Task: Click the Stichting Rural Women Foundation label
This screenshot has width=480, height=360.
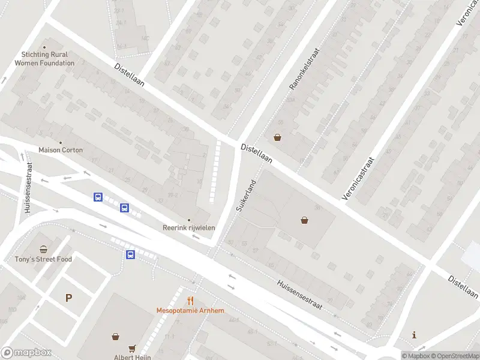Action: (44, 59)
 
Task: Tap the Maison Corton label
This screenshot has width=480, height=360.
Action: (61, 149)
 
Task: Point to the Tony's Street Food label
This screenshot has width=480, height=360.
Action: (43, 259)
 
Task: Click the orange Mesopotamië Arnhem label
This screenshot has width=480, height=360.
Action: (190, 310)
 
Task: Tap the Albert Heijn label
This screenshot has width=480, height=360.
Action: (132, 357)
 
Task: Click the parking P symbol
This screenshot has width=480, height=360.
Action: (68, 298)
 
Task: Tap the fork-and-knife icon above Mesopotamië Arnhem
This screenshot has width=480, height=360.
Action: (190, 301)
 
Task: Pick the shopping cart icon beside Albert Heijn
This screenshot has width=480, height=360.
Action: (133, 348)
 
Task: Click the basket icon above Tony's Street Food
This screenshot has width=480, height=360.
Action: (43, 250)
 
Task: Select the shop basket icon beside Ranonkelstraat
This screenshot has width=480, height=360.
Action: (277, 137)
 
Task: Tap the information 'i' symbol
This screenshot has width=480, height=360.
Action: (414, 334)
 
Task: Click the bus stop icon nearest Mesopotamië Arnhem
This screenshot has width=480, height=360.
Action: (130, 254)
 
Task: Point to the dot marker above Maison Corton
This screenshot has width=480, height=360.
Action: (61, 142)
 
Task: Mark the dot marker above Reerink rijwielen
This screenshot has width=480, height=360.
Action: (189, 220)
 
